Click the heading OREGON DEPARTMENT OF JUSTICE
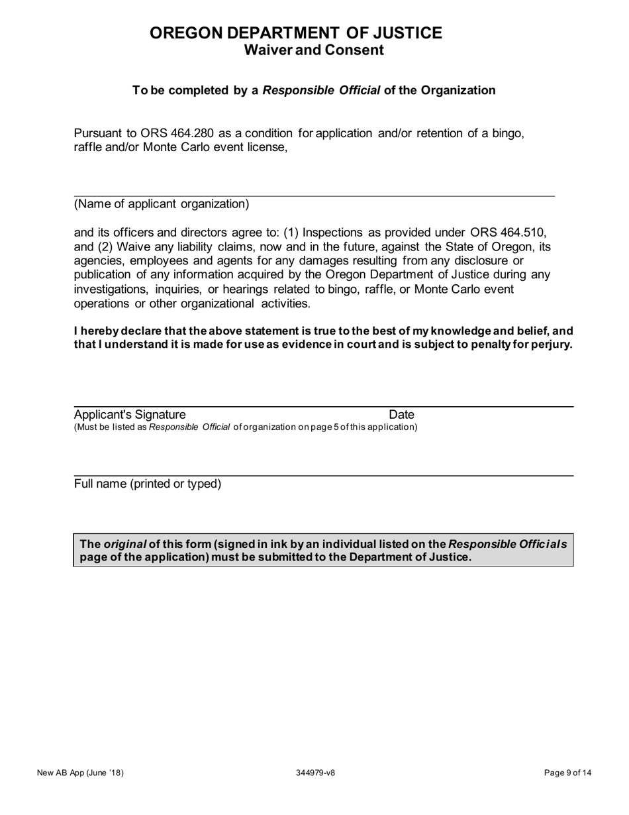click(296, 33)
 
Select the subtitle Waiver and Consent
click(314, 50)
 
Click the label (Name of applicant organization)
click(162, 204)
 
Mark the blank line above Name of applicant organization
click(314, 195)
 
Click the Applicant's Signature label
click(125, 415)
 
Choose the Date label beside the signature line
click(401, 415)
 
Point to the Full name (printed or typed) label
click(148, 484)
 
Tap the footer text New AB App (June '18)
click(81, 773)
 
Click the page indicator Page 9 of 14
click(567, 773)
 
